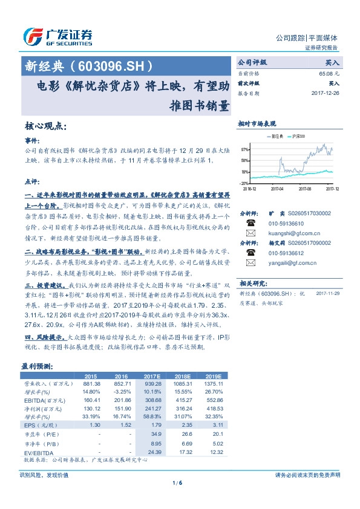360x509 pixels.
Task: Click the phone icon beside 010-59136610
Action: [x=250, y=224]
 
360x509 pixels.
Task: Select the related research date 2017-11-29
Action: [x=326, y=293]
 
